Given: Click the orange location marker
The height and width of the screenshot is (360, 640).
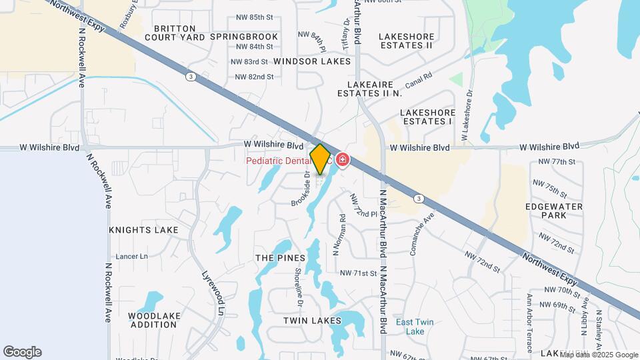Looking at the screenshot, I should coord(320,159).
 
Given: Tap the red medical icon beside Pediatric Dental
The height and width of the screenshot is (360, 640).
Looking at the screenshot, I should coord(343,160).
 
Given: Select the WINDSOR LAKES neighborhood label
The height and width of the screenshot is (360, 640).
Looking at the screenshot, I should coord(312,61).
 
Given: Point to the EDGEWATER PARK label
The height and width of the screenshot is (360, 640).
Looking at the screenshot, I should coord(554,211).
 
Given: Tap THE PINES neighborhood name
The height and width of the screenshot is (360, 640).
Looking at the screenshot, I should coord(280,258).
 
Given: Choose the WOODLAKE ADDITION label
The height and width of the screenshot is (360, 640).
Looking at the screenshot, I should coord(153,320).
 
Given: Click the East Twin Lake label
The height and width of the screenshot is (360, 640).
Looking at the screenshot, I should coord(415,327).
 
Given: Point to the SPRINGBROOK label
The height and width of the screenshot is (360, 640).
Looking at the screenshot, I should coord(244,37).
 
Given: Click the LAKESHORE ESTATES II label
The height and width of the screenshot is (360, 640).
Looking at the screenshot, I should coord(406,41).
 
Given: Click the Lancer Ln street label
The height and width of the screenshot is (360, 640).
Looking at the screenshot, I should coord(132,256).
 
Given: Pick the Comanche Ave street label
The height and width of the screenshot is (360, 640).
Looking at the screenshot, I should coord(422,233).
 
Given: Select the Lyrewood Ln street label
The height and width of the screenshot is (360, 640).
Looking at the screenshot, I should coord(213,291).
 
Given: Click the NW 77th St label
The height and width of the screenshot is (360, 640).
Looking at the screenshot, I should coord(558,162).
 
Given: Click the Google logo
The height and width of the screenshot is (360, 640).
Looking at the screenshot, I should coord(22,352).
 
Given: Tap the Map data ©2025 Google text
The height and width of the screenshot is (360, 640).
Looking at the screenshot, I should coord(599,355).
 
